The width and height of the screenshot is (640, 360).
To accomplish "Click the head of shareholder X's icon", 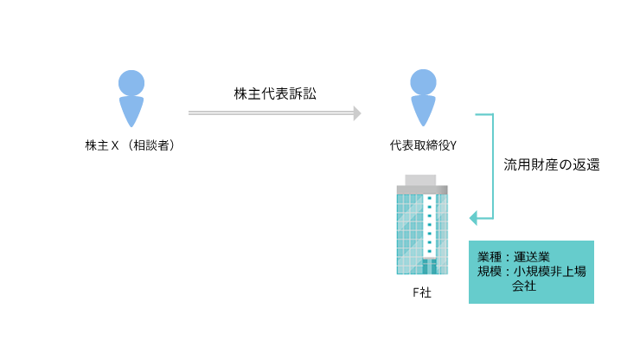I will [x=131, y=82].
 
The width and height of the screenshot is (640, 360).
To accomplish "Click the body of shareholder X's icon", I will [x=131, y=111].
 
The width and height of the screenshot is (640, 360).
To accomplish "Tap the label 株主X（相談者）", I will [x=131, y=145].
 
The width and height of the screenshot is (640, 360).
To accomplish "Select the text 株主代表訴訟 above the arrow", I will [x=275, y=93].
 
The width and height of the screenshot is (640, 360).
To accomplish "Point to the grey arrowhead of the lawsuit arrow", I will [x=356, y=112].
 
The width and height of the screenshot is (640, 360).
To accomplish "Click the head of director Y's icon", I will [x=423, y=82].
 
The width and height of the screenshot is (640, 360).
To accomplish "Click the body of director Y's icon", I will [x=423, y=111].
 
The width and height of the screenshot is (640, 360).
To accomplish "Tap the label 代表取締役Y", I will [x=423, y=145].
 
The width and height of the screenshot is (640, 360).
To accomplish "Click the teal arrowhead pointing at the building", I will [x=473, y=217].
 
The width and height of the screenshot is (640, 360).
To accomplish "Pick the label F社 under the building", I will [x=421, y=292].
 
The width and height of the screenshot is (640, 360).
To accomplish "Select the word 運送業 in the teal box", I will [x=531, y=257].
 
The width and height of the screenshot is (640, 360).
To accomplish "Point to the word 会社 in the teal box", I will [x=524, y=286].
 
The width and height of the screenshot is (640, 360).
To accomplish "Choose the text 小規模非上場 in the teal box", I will [x=549, y=271].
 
